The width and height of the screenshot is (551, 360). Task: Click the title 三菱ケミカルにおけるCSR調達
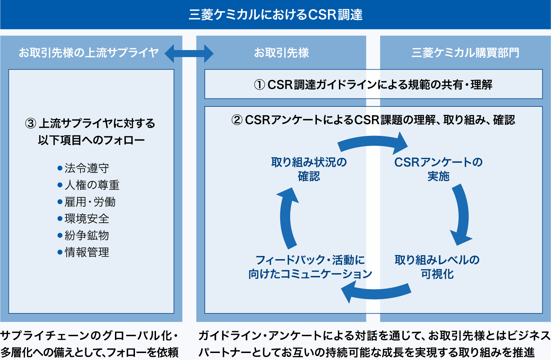pos(275,15)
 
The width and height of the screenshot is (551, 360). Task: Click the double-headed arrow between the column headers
pos(189,54)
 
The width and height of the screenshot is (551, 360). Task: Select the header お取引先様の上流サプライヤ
pos(88,53)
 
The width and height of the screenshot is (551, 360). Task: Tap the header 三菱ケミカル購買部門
pos(465,53)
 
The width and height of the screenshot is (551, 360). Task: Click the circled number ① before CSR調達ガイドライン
pos(259,85)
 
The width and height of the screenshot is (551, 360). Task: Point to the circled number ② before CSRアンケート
pos(237,120)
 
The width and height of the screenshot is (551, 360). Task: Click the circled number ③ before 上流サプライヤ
pos(31,124)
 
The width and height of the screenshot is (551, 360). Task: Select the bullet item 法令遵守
pos(87,168)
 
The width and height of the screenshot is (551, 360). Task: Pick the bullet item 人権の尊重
pos(92,185)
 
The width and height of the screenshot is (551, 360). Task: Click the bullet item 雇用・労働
pos(90,202)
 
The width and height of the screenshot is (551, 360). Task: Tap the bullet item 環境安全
pos(87,219)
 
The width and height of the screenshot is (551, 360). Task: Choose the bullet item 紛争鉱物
pos(87,235)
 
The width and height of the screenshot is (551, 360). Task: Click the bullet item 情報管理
pos(87,252)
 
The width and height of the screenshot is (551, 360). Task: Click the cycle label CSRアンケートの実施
pos(438,169)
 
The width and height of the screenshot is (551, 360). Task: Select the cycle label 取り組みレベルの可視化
pos(437,267)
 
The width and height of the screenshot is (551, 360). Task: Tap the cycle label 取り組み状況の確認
pos(309,169)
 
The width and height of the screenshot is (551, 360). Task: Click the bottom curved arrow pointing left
pos(375,293)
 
